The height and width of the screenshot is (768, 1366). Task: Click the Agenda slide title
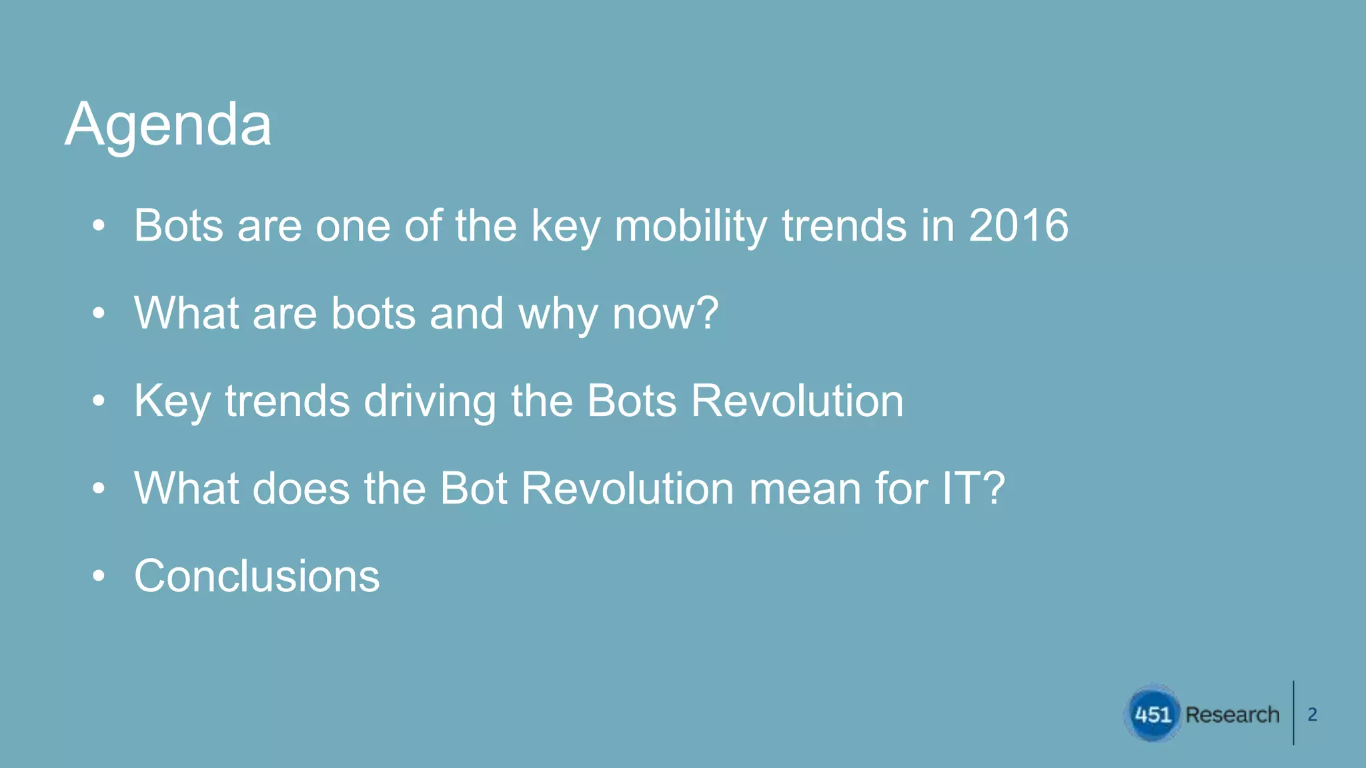168,125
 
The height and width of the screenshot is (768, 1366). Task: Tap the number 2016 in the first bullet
1018,225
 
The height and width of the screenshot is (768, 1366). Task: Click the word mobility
690,227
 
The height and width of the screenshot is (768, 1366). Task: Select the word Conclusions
257,576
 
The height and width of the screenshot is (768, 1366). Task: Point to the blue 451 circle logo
1153,714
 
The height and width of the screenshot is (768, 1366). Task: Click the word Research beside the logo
1233,715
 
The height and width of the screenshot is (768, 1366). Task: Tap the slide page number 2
1312,715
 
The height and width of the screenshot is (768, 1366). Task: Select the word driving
430,402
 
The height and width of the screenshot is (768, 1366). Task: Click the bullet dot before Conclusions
99,576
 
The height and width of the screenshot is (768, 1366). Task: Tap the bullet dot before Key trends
99,401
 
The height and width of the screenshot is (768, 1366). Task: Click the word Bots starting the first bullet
178,225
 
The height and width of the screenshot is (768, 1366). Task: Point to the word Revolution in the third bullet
797,401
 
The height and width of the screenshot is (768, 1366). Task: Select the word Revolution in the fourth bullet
628,489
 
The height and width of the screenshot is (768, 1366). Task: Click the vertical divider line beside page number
1293,713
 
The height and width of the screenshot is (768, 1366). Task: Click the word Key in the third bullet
172,402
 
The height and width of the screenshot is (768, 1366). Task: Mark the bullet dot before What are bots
99,314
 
